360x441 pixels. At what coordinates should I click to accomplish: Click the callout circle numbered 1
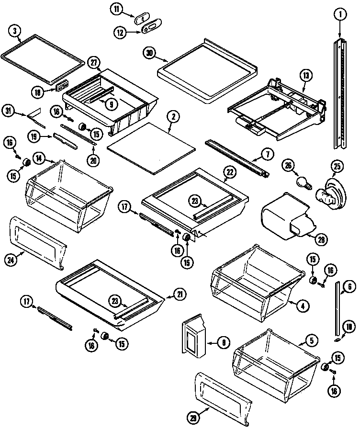click(x=339, y=15)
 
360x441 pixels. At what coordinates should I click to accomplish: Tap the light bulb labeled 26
click(x=302, y=181)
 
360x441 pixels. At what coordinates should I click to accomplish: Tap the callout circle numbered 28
click(x=322, y=238)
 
